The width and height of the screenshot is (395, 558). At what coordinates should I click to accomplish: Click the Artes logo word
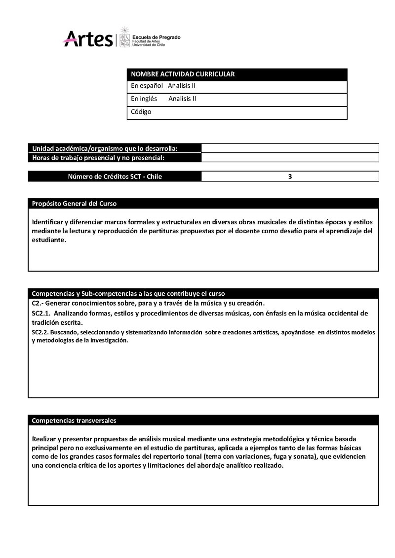(88, 38)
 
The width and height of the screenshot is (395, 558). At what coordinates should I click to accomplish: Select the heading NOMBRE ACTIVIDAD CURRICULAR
(183, 74)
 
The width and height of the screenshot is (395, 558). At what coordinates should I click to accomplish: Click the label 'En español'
(147, 86)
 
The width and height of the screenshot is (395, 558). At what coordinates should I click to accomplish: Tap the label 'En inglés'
(144, 99)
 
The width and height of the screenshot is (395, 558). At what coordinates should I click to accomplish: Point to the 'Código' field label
(141, 112)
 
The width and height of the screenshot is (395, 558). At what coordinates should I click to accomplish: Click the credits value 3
(290, 176)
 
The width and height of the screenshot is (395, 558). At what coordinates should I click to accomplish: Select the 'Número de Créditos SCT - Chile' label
(115, 176)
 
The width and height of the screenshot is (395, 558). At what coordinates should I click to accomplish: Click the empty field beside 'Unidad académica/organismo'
(290, 148)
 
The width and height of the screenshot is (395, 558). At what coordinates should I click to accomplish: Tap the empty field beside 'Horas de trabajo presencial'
(290, 158)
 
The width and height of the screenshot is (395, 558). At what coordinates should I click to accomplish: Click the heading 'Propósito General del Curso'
(74, 204)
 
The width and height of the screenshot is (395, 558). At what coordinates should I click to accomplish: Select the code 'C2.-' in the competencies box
(38, 303)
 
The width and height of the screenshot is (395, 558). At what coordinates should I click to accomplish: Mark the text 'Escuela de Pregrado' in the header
(157, 37)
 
